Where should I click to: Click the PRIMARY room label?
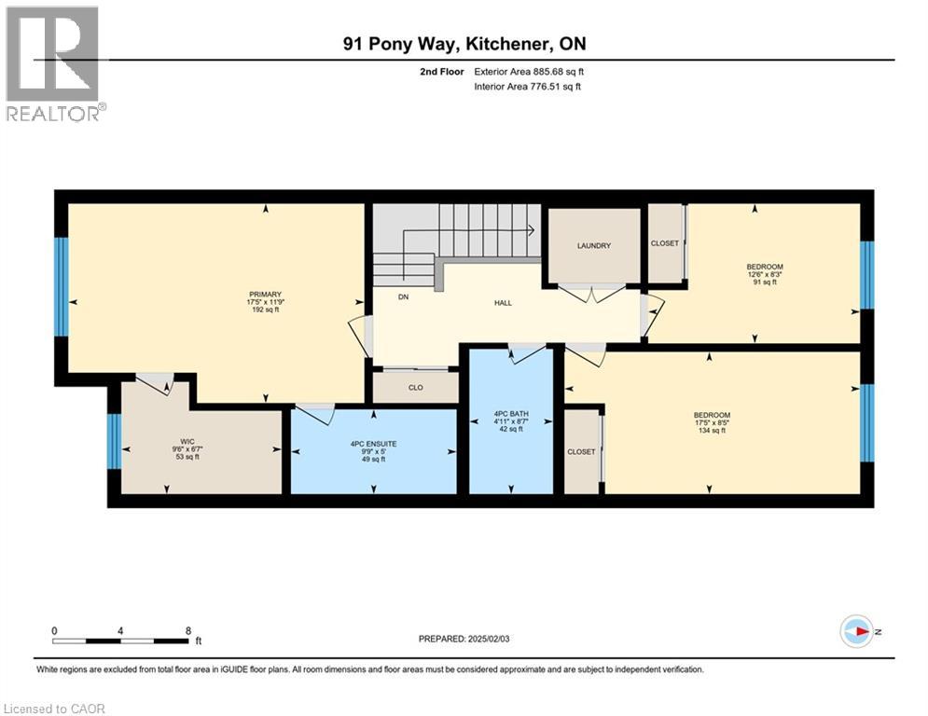pyautogui.click(x=265, y=295)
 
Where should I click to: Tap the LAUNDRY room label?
pyautogui.click(x=593, y=246)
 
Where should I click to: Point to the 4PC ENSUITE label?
pyautogui.click(x=372, y=444)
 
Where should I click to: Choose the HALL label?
pyautogui.click(x=503, y=302)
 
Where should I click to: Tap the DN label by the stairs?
pyautogui.click(x=403, y=297)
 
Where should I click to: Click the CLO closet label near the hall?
pyautogui.click(x=415, y=388)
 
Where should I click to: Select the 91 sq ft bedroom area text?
pyautogui.click(x=764, y=282)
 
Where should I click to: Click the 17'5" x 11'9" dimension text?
pyautogui.click(x=265, y=302)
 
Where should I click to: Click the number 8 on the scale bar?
pyautogui.click(x=188, y=630)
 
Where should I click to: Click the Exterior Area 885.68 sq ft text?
pyautogui.click(x=529, y=71)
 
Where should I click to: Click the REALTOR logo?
pyautogui.click(x=54, y=63)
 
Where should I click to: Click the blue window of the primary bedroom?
pyautogui.click(x=62, y=286)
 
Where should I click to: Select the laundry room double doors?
pyautogui.click(x=593, y=294)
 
